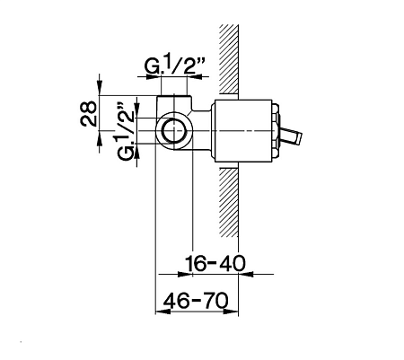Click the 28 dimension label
(x=89, y=114)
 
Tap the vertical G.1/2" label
(x=125, y=132)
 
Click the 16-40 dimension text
(x=215, y=263)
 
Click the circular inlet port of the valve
(x=174, y=131)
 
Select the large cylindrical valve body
(x=242, y=131)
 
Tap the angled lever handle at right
(x=291, y=136)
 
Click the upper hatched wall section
(x=229, y=58)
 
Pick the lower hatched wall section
(x=229, y=202)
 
